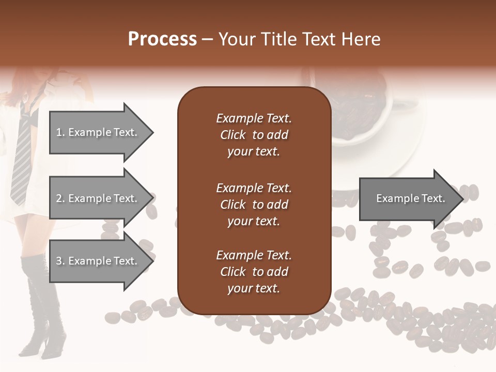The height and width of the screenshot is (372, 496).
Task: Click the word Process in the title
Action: (x=162, y=39)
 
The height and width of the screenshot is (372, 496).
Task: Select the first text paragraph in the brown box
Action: (x=254, y=135)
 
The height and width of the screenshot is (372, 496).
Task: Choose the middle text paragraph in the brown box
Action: (x=254, y=205)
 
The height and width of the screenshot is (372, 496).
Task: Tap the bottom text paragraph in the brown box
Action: (x=254, y=272)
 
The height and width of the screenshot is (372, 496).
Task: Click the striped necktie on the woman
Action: (x=22, y=155)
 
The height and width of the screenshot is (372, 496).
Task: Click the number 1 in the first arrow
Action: (x=59, y=132)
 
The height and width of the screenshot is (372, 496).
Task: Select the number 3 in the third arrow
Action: (x=59, y=261)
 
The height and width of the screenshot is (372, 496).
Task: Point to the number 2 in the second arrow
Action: (x=59, y=198)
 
